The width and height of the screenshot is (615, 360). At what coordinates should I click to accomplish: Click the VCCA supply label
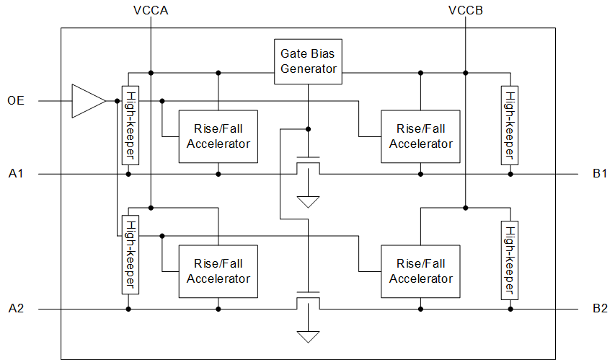click(150, 11)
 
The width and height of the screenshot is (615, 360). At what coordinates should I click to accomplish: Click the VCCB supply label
click(465, 11)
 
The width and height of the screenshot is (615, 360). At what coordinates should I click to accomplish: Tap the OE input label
click(16, 101)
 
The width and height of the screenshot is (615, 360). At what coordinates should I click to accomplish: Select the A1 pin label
click(16, 174)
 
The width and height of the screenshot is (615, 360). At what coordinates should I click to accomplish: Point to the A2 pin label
click(16, 309)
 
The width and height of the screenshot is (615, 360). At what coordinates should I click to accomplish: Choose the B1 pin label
click(600, 174)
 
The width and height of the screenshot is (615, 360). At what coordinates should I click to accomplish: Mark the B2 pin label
click(600, 309)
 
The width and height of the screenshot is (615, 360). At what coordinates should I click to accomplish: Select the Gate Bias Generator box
click(309, 61)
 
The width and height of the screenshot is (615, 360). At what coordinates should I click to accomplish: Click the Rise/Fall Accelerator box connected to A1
click(218, 136)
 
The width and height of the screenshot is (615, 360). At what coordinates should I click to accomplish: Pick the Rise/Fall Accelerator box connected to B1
click(420, 136)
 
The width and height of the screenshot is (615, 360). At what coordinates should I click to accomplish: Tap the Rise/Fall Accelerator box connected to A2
click(218, 271)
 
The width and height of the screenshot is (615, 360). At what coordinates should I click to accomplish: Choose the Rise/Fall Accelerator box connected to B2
click(420, 271)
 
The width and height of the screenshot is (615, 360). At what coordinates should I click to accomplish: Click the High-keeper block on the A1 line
click(130, 126)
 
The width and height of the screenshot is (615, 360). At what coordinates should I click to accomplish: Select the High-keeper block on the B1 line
click(509, 125)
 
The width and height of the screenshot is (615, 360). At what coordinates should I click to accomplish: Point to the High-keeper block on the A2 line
click(130, 255)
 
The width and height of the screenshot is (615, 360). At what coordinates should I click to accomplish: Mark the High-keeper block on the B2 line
click(509, 260)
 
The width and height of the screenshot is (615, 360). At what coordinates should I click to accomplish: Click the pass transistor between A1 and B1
click(309, 165)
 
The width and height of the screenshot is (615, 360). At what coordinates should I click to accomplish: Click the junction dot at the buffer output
click(116, 101)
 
